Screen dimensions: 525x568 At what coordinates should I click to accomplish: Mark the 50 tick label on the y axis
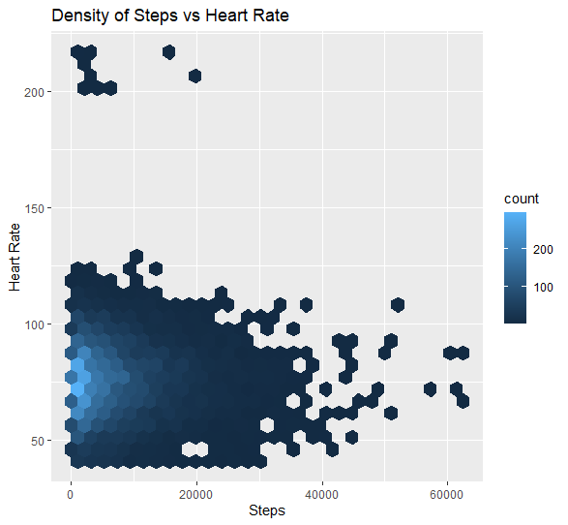(35, 441)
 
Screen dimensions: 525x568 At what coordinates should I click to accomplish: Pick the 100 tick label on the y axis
(32, 324)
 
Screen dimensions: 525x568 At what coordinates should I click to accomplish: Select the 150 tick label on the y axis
(32, 208)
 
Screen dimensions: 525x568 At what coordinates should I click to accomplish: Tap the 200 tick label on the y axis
(32, 92)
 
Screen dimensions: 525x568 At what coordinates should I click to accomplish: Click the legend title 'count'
(523, 198)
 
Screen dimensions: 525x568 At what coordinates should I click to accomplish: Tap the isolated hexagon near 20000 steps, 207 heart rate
(194, 76)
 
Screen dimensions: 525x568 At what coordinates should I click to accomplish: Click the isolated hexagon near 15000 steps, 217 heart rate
(169, 52)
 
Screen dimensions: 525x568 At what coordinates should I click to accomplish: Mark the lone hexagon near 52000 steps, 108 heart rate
(397, 305)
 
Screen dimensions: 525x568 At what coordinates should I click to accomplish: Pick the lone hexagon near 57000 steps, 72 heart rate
(430, 389)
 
